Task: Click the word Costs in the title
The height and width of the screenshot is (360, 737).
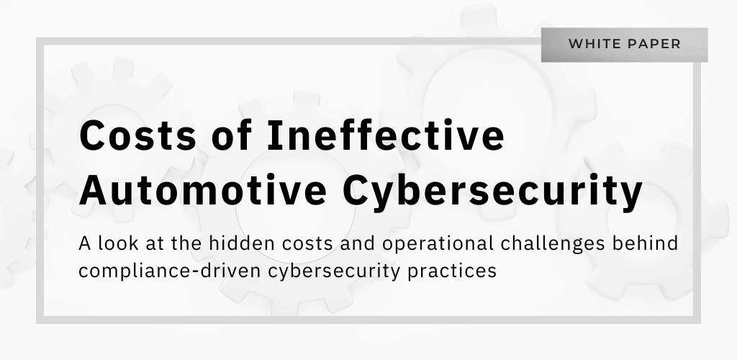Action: pos(137,135)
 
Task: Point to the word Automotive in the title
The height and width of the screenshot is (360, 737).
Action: pos(203,190)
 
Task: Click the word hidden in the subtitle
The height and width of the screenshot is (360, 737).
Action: pos(242,243)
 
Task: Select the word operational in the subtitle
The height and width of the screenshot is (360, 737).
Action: pos(438,244)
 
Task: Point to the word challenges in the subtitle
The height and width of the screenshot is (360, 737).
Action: pos(552,244)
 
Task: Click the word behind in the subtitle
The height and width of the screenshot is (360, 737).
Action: pos(644,243)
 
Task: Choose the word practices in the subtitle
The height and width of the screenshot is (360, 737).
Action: pos(452,271)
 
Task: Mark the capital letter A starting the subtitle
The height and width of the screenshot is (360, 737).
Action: pos(85,244)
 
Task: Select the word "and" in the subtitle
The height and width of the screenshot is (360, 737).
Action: pos(358,243)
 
